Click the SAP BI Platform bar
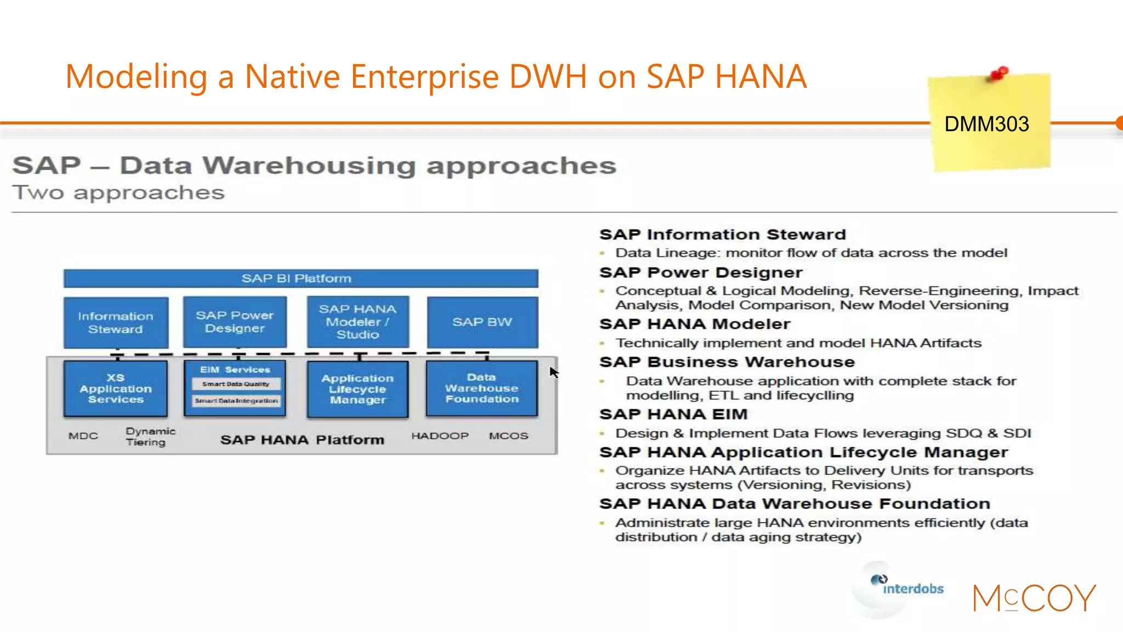(x=300, y=278)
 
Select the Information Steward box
(x=116, y=323)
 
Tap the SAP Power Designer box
(x=235, y=322)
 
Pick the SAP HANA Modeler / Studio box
(x=358, y=322)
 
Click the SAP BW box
(x=482, y=322)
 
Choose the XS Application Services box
(x=116, y=388)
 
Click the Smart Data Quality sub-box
(x=236, y=384)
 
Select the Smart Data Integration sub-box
(x=236, y=401)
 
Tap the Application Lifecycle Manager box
(x=358, y=389)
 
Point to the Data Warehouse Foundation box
(x=481, y=388)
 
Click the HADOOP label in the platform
(x=440, y=436)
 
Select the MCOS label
(x=508, y=436)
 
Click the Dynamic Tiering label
(x=150, y=437)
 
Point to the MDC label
(x=83, y=436)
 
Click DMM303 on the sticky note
(x=986, y=124)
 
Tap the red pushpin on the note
(x=999, y=74)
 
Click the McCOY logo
(x=1034, y=598)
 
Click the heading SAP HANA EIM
(x=673, y=414)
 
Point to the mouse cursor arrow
(x=554, y=372)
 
